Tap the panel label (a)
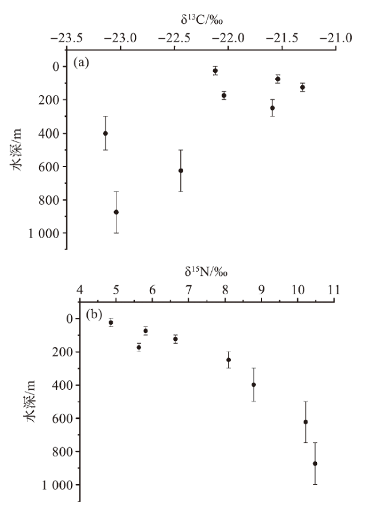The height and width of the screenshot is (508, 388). click(x=82, y=61)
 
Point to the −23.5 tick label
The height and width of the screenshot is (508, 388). click(x=66, y=38)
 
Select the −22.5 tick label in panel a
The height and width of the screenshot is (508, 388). click(x=175, y=38)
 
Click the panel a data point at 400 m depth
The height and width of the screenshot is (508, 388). click(x=106, y=133)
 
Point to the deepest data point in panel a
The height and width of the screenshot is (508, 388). click(x=116, y=212)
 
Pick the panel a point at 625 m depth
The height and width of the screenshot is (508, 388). click(x=181, y=170)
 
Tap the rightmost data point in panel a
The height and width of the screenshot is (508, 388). click(x=303, y=87)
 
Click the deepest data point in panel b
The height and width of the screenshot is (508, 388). click(x=315, y=463)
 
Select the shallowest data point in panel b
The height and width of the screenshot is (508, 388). click(x=111, y=322)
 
